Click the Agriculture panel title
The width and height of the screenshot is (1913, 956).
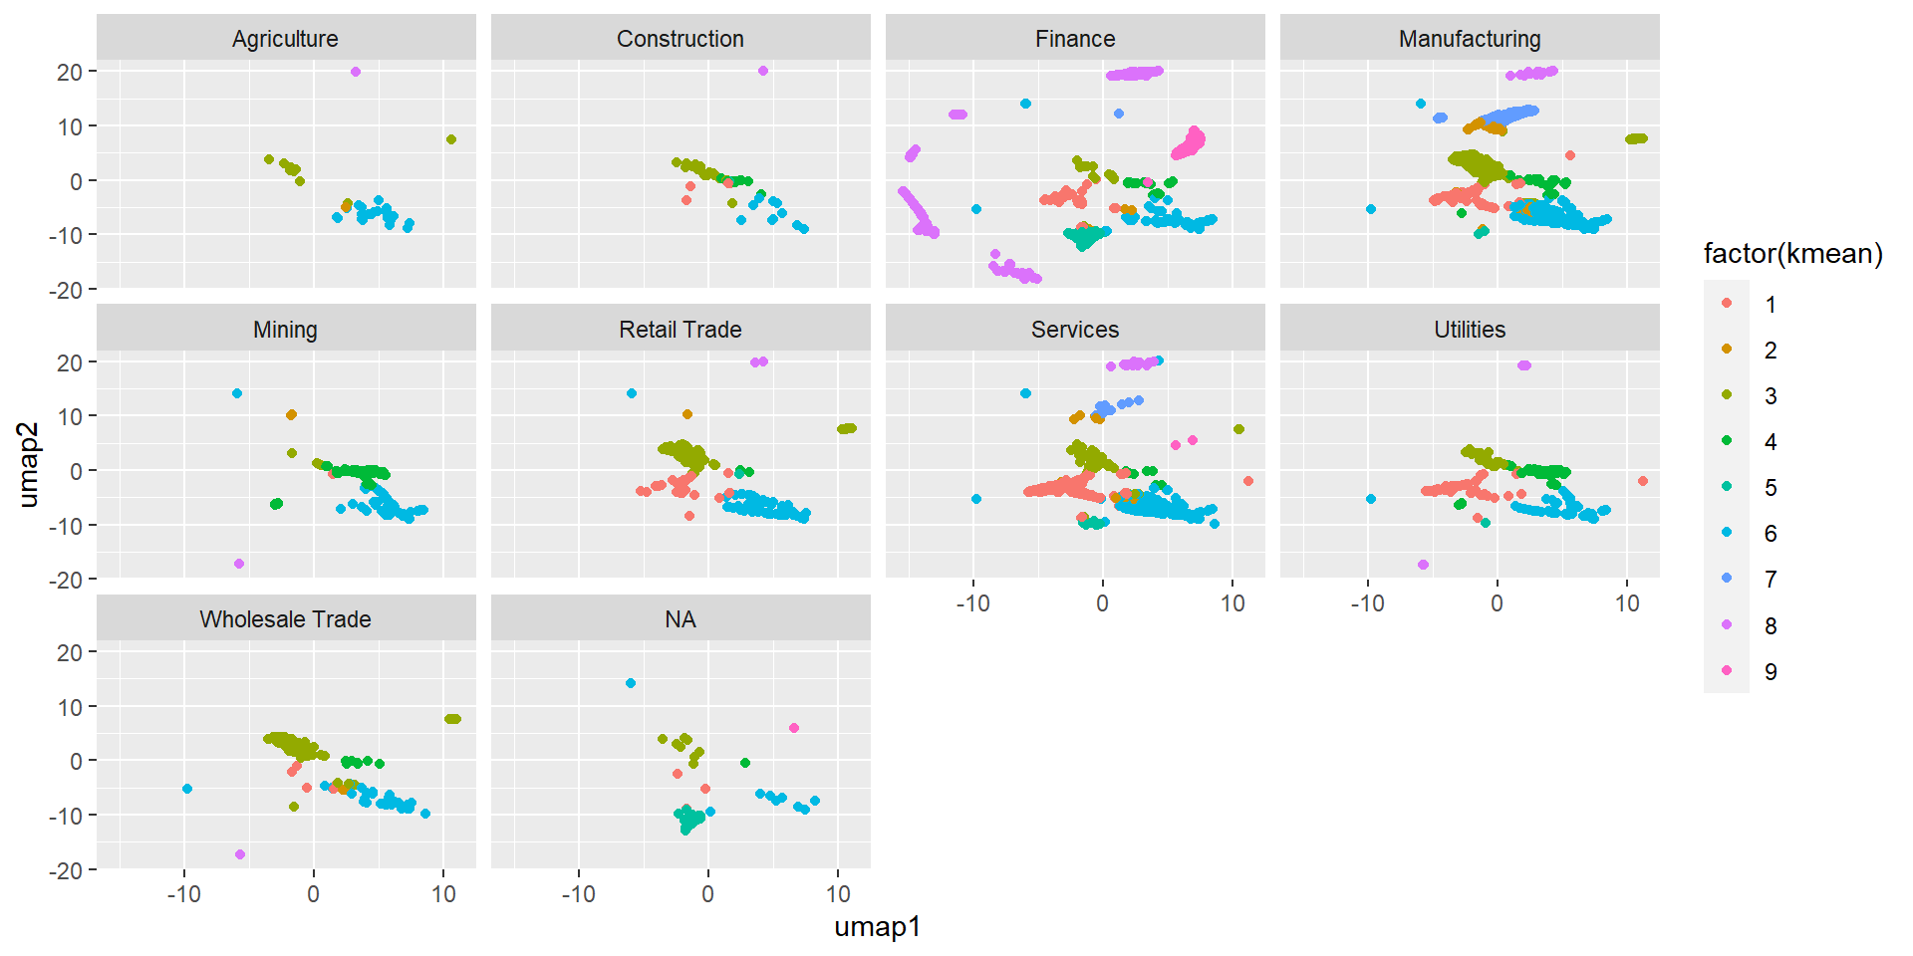click(285, 39)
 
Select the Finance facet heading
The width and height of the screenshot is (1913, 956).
click(1074, 39)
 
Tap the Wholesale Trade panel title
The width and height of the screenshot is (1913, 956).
click(285, 619)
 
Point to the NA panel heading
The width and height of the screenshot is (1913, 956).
click(680, 619)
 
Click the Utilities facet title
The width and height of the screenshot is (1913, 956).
click(1469, 330)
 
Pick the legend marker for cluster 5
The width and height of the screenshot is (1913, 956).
click(1727, 487)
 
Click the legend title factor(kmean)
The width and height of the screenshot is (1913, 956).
click(1792, 254)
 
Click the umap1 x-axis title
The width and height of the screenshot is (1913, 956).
click(877, 927)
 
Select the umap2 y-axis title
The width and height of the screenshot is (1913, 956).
click(30, 465)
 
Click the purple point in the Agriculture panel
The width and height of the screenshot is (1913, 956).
click(356, 72)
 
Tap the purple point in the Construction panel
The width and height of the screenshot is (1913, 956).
click(763, 71)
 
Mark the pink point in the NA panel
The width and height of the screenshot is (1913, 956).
click(794, 728)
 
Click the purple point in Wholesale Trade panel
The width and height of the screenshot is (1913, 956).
click(240, 854)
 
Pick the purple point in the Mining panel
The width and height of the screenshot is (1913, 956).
click(239, 564)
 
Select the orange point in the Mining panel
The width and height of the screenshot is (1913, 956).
click(291, 414)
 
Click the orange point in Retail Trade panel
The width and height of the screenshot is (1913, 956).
click(687, 414)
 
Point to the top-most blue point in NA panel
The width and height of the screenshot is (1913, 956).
click(631, 683)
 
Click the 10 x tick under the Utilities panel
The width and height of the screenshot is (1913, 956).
click(1627, 603)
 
